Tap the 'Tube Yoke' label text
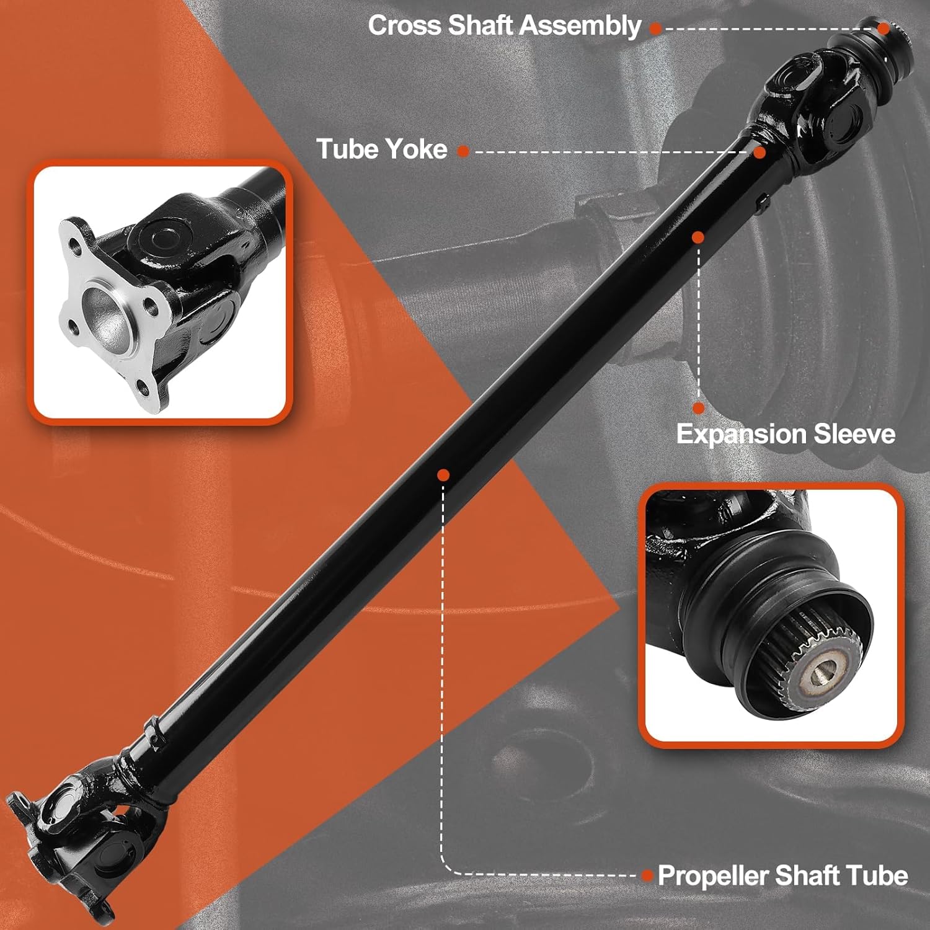click(x=381, y=149)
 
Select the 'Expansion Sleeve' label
click(x=786, y=434)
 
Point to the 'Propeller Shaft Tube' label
click(x=782, y=875)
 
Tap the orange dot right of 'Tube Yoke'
click(x=463, y=151)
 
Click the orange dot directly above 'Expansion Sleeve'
click(x=699, y=408)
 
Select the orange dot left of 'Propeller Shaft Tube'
click(x=647, y=875)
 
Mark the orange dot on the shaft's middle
click(x=443, y=475)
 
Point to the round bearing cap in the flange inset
click(x=156, y=236)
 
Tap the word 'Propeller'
click(x=713, y=875)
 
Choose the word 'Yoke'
click(x=415, y=149)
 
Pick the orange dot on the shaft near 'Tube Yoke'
click(x=760, y=152)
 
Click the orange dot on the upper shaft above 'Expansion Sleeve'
click(x=698, y=237)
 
